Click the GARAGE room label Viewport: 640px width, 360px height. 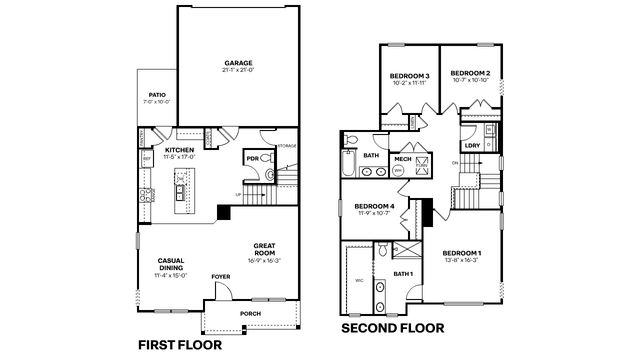coord(237,61)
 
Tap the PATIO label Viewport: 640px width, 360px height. coord(157,95)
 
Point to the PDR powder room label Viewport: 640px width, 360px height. coord(252,157)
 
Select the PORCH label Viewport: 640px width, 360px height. coord(250,314)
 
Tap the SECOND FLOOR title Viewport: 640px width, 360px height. coord(396,327)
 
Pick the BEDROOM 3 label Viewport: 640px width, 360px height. coord(410,76)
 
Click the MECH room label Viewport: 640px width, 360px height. coord(403,158)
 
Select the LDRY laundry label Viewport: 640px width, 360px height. coord(473,145)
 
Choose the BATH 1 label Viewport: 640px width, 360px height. coord(403,273)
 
